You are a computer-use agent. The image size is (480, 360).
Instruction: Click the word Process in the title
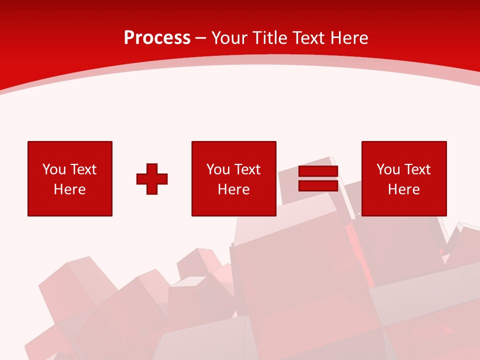click(x=157, y=38)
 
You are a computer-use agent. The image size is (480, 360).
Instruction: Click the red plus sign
click(x=152, y=179)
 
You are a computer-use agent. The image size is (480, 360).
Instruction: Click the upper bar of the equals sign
click(x=318, y=171)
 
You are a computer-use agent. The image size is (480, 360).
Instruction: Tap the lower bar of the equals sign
click(x=318, y=186)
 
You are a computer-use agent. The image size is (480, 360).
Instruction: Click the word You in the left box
click(x=54, y=169)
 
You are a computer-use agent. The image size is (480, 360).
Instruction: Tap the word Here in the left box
click(x=70, y=189)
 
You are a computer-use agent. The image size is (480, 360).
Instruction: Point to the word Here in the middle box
click(x=234, y=189)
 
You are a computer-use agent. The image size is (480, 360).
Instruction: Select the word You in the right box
click(x=388, y=169)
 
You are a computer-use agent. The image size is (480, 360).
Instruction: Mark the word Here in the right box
click(x=404, y=189)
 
